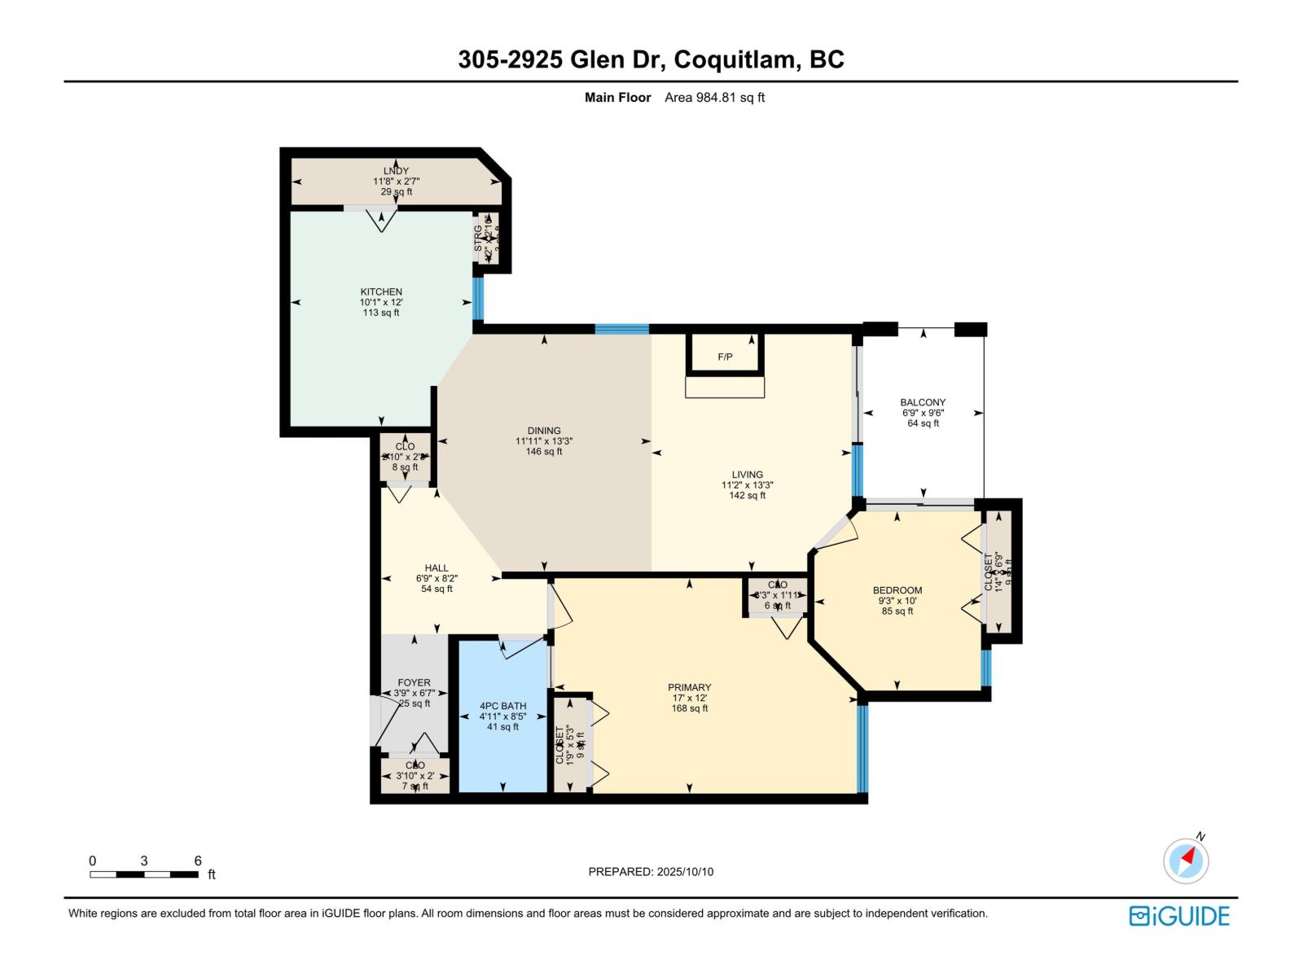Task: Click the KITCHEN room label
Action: (x=381, y=291)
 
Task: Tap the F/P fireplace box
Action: (x=725, y=356)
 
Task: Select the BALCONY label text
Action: (x=923, y=402)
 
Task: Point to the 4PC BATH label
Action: (x=502, y=706)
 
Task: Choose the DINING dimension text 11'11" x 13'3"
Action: (x=543, y=441)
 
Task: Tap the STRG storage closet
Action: (x=487, y=238)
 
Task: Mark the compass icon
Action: (x=1186, y=861)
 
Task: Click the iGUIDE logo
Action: (x=1179, y=916)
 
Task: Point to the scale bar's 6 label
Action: (x=198, y=861)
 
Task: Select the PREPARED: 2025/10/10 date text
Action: (x=651, y=871)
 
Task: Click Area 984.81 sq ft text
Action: (x=714, y=98)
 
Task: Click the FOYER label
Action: (x=414, y=683)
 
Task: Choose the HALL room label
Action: (x=437, y=568)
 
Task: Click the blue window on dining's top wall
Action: (x=621, y=329)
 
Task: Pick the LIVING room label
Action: (x=747, y=475)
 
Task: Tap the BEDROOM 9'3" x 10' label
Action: (x=897, y=601)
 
